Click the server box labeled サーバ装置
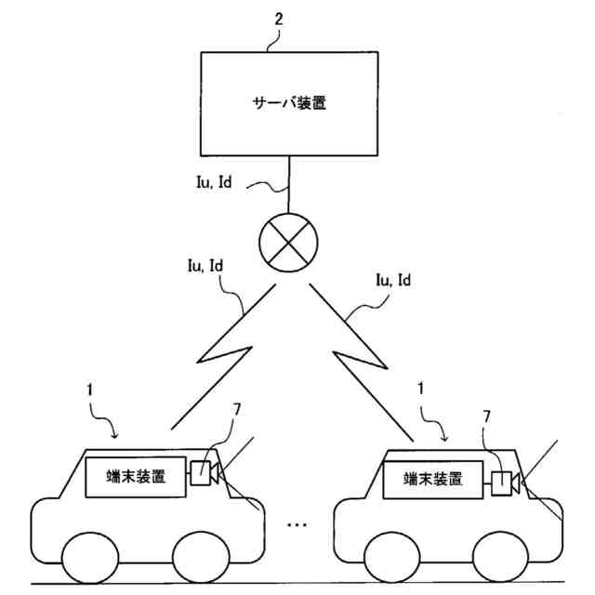point(291,102)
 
